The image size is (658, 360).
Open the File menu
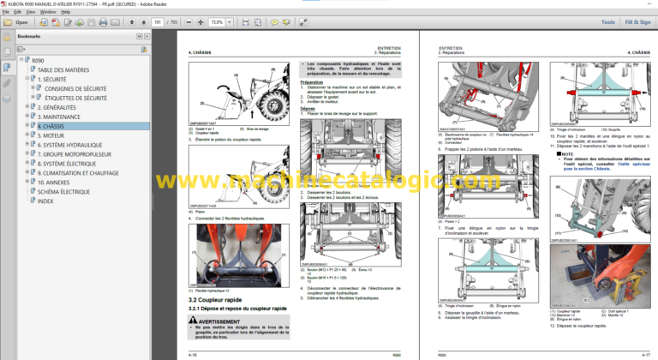tap(5, 12)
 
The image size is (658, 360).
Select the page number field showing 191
tap(157, 22)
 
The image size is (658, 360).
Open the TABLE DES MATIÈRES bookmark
tap(63, 69)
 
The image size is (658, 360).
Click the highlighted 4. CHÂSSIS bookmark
tap(57, 126)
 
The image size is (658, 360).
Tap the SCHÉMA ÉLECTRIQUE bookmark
tap(63, 191)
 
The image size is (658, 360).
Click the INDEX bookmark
tap(45, 201)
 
